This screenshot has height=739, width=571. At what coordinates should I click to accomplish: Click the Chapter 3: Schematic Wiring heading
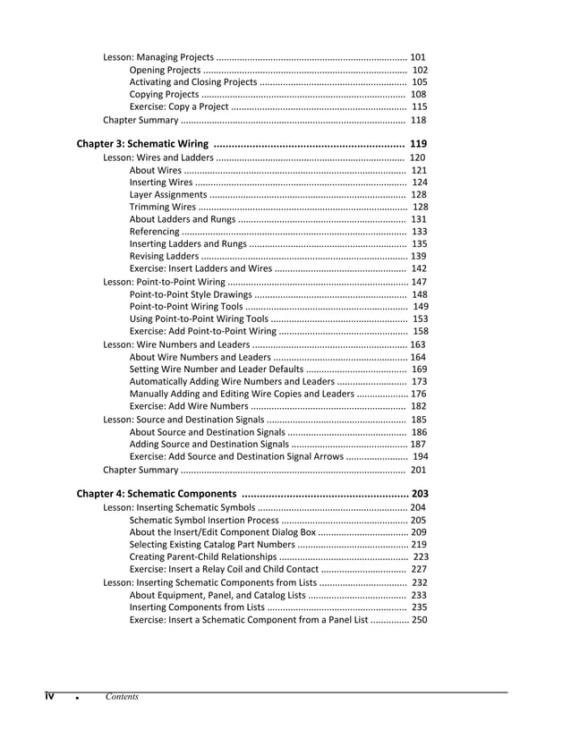click(142, 143)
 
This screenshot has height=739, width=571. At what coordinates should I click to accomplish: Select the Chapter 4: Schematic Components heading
click(157, 493)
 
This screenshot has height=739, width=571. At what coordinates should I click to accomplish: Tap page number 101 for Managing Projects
click(417, 57)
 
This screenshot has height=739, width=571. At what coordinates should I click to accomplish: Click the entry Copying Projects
click(164, 94)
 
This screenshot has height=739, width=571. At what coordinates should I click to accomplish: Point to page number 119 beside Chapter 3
click(417, 143)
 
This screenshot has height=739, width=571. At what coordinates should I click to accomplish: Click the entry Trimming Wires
click(160, 207)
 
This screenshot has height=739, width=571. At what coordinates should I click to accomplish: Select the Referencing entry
click(154, 232)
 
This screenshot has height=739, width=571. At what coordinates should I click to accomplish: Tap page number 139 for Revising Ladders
click(418, 257)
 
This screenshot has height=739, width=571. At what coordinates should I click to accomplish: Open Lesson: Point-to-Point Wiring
click(164, 282)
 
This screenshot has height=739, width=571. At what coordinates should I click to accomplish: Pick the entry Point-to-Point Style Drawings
click(191, 294)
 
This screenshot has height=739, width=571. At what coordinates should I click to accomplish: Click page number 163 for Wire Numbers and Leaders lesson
click(418, 344)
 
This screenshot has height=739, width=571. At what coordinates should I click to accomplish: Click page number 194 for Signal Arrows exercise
click(420, 456)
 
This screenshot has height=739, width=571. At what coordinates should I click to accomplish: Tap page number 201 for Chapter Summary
click(418, 470)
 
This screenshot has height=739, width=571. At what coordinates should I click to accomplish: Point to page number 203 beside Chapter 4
click(420, 493)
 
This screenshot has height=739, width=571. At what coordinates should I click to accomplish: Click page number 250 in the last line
click(419, 619)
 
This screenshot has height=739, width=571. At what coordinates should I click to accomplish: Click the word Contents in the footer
click(122, 697)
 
